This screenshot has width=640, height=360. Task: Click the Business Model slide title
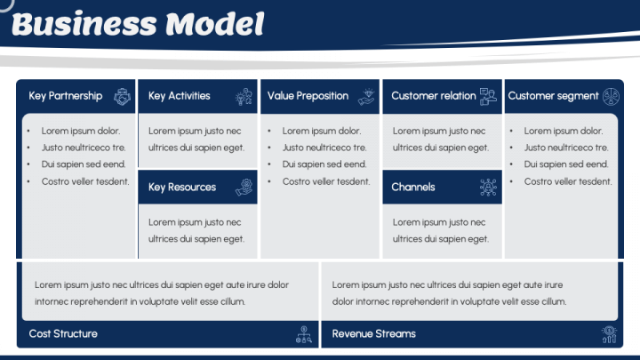click(x=138, y=25)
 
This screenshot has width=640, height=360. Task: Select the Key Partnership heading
click(x=65, y=96)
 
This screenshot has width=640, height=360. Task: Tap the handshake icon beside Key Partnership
click(x=122, y=97)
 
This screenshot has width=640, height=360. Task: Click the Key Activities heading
click(x=180, y=96)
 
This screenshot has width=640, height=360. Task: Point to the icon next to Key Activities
click(x=244, y=97)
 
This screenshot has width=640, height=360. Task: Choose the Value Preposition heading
click(x=308, y=96)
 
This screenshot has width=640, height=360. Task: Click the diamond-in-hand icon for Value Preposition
click(x=366, y=97)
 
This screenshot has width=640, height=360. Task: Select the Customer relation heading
click(x=434, y=96)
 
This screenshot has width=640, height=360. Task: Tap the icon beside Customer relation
click(x=488, y=97)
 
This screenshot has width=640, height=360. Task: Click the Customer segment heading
click(x=553, y=96)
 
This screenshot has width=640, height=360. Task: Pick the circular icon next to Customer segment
click(x=611, y=97)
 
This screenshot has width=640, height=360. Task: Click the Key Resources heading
click(x=182, y=188)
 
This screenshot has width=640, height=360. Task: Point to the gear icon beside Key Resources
click(x=244, y=188)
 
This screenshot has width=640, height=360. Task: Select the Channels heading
click(x=413, y=188)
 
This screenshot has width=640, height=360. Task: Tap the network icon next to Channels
click(x=488, y=188)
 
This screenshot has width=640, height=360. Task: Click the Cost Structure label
click(x=63, y=334)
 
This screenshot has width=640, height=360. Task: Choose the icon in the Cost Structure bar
click(x=304, y=334)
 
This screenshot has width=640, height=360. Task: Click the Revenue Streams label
click(x=374, y=334)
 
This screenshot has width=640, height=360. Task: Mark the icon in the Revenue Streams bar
click(x=609, y=334)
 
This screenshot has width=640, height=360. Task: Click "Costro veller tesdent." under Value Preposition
click(x=326, y=181)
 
